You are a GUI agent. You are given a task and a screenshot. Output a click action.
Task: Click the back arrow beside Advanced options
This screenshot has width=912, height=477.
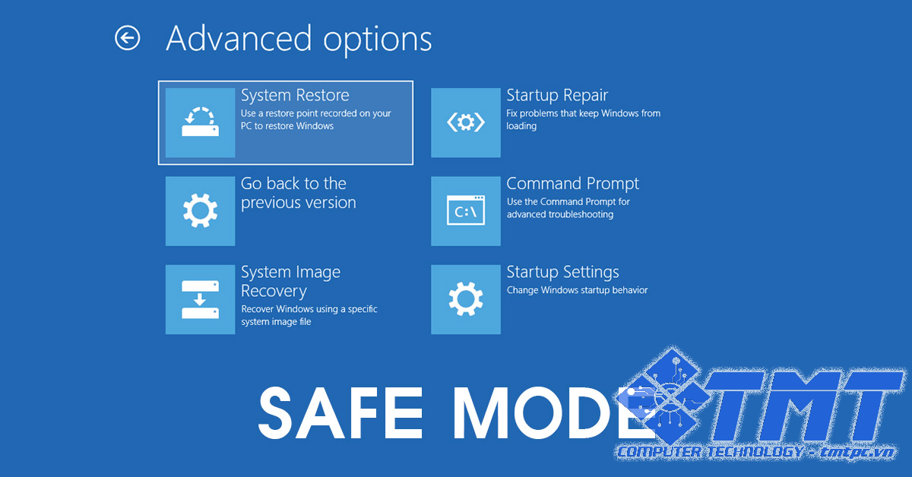(128, 38)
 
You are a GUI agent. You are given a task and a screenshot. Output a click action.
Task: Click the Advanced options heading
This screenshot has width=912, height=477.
(299, 39)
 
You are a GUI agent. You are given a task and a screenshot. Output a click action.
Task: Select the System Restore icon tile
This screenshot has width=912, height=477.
(201, 122)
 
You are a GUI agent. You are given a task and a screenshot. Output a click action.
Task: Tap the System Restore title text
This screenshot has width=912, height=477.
(295, 96)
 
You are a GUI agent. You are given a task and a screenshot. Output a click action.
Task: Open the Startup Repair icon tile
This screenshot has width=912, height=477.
(466, 122)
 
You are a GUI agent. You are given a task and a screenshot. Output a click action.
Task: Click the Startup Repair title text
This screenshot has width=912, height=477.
(557, 96)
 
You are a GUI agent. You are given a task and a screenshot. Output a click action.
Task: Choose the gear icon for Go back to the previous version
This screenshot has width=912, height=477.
(201, 211)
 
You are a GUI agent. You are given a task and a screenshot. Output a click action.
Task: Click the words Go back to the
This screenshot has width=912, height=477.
(293, 184)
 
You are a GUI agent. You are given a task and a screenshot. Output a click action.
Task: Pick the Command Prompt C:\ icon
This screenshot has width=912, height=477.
(466, 211)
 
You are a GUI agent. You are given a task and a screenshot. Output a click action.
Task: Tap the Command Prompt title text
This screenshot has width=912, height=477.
(572, 184)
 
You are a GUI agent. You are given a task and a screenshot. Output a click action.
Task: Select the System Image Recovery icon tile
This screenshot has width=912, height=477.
(201, 299)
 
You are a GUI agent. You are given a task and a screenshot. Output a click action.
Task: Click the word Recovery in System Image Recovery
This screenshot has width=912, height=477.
(274, 292)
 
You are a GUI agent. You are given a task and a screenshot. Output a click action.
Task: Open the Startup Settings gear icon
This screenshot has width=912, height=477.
(466, 299)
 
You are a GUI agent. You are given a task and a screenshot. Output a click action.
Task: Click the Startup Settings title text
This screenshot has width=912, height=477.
(562, 272)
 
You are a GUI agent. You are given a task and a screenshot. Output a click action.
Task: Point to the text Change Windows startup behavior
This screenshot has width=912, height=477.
(577, 290)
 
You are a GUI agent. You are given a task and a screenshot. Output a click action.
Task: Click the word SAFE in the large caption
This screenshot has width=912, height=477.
(341, 412)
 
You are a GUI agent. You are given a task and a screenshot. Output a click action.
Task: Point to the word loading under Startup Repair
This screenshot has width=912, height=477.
(521, 126)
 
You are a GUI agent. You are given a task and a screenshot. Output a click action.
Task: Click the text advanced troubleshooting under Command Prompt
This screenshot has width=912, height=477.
(560, 214)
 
